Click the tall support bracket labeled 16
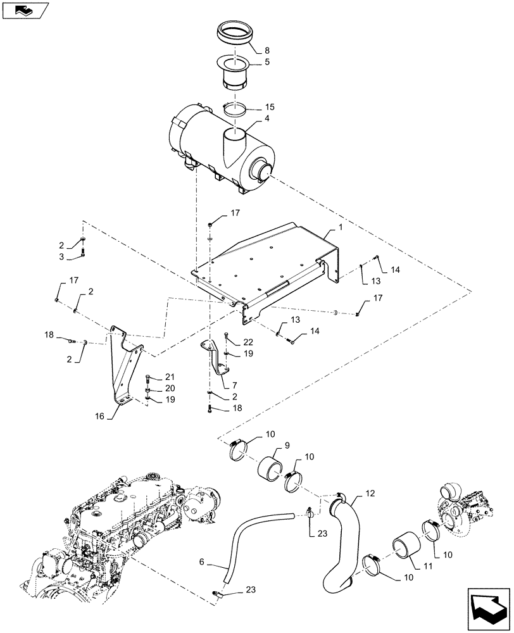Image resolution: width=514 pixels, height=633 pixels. point(124,367)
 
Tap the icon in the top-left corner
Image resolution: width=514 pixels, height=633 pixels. point(25,9)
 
